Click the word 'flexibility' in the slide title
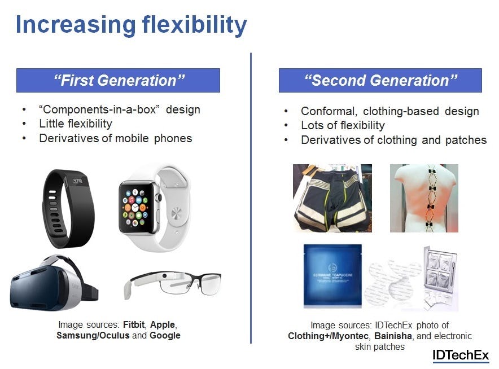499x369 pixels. tap(194, 25)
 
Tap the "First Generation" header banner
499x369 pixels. tap(118, 81)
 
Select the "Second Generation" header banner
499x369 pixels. tap(380, 81)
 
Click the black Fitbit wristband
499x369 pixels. tap(67, 209)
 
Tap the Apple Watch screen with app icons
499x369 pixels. tap(136, 208)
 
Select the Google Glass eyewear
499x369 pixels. tap(172, 284)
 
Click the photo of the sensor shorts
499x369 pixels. tap(332, 198)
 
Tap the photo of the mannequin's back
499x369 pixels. tap(424, 198)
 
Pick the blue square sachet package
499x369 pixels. tap(332, 276)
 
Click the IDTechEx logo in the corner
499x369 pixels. tap(461, 355)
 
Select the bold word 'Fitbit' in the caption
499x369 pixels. tap(134, 324)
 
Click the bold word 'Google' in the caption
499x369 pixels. tap(165, 335)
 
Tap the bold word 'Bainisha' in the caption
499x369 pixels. tap(393, 336)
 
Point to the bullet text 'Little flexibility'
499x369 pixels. tap(76, 124)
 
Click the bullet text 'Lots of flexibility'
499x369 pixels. tap(343, 125)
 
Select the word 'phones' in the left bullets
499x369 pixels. tap(173, 139)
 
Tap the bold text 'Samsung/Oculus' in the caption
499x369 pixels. tap(93, 335)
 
